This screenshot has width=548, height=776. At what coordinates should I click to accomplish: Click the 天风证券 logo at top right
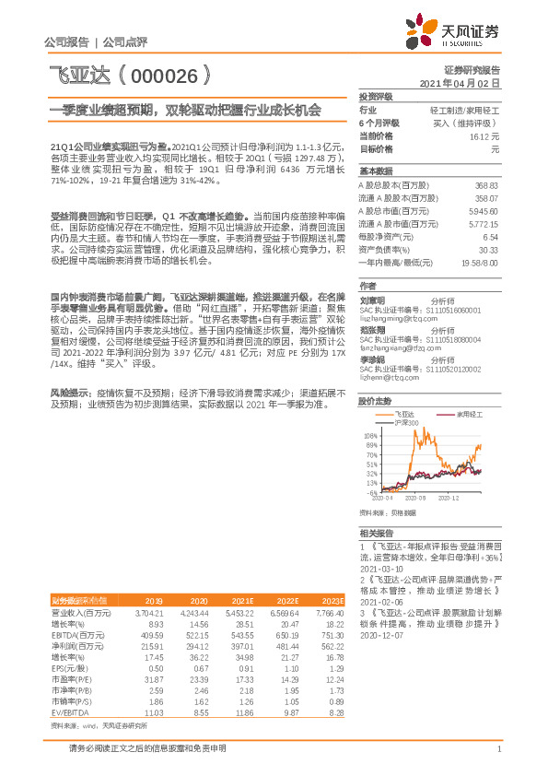[458, 32]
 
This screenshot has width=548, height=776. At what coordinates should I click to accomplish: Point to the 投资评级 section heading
[376, 96]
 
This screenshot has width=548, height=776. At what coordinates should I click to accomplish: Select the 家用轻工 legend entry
[471, 416]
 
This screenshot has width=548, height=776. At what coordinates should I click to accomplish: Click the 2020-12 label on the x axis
[449, 498]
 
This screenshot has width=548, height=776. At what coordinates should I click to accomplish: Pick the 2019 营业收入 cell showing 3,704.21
[148, 612]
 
